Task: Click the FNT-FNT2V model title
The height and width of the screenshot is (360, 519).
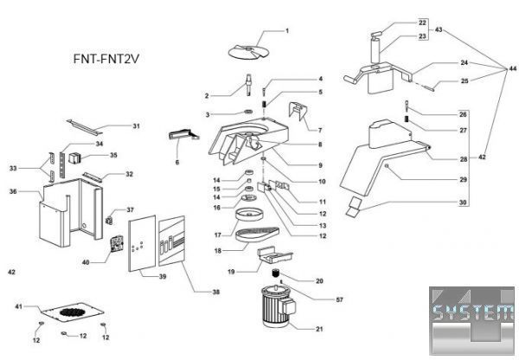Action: pyautogui.click(x=106, y=59)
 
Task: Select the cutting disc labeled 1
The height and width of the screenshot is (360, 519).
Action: pyautogui.click(x=247, y=52)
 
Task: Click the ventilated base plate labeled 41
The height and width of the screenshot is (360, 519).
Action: pyautogui.click(x=72, y=312)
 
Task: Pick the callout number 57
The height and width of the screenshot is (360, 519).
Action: pyautogui.click(x=340, y=299)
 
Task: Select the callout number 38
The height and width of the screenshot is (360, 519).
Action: pyautogui.click(x=215, y=292)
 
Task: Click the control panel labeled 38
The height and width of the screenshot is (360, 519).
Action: pyautogui.click(x=171, y=241)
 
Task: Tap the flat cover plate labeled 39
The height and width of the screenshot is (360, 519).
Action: pyautogui.click(x=142, y=244)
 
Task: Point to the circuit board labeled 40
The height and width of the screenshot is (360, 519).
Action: pyautogui.click(x=117, y=244)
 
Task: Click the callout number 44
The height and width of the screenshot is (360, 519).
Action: pyautogui.click(x=512, y=68)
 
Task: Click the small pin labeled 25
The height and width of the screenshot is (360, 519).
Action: pyautogui.click(x=429, y=87)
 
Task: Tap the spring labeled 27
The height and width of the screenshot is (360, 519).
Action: pyautogui.click(x=407, y=119)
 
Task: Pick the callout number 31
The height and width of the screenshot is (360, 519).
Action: pyautogui.click(x=137, y=125)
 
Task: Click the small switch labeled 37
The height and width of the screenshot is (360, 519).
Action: pyautogui.click(x=109, y=220)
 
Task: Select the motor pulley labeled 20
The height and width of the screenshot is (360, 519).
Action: pyautogui.click(x=276, y=273)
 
